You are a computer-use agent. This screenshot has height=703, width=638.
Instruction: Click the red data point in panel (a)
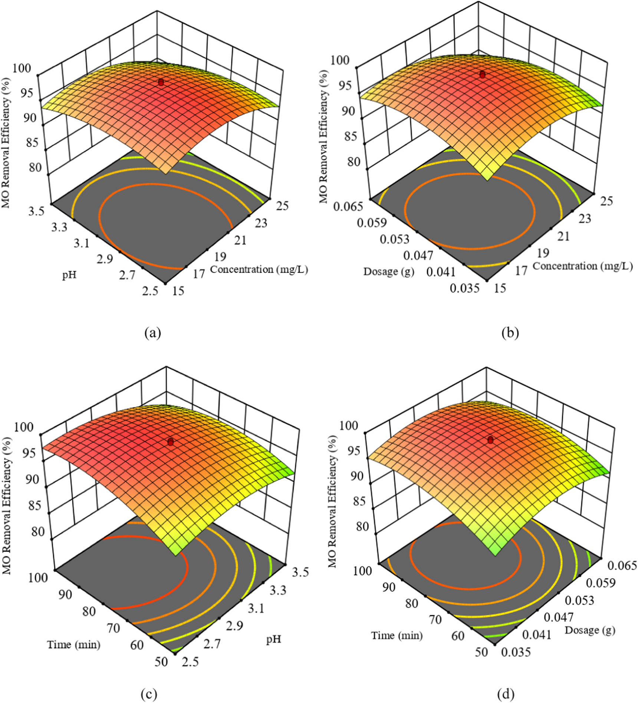point(161,82)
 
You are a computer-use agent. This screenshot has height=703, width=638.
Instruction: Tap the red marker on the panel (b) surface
point(482,75)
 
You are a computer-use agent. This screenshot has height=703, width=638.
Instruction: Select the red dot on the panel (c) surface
point(171,442)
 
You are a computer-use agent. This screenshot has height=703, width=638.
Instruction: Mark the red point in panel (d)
point(490,440)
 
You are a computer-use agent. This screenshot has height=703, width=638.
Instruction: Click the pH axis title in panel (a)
point(69,275)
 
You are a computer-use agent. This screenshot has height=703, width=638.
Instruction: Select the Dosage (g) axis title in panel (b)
point(388,272)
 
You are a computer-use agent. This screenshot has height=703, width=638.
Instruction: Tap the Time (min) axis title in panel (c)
point(74,645)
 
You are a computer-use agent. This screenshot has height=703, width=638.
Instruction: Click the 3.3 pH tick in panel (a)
point(59,227)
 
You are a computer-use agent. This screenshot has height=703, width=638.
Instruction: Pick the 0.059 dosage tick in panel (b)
point(372,223)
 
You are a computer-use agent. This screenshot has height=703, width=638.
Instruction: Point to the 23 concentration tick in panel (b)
point(585,219)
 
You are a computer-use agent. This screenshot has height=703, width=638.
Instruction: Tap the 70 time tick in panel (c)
point(114,628)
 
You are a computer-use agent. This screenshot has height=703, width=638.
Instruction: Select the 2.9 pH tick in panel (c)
point(234,626)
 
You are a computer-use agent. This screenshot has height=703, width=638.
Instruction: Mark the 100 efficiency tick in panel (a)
point(22,68)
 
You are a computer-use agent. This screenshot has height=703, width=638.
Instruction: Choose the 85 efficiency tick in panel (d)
point(359,501)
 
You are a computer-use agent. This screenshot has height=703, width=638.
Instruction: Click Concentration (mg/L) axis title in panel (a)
point(259,269)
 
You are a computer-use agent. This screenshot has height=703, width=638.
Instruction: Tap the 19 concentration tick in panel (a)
point(220,256)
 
